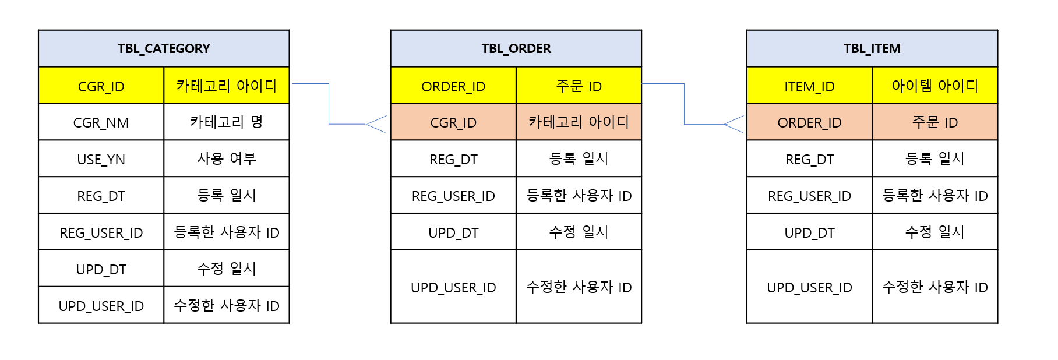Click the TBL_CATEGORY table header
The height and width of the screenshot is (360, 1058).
click(x=164, y=48)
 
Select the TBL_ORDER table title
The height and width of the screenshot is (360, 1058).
click(x=516, y=48)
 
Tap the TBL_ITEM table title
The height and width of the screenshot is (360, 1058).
click(x=872, y=48)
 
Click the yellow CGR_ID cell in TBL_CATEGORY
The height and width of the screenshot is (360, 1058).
click(x=101, y=86)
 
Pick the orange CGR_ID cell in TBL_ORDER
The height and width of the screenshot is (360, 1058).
click(x=453, y=122)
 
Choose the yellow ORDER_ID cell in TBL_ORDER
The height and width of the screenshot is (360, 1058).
click(x=453, y=86)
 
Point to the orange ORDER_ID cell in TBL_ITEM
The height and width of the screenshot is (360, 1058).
click(x=809, y=122)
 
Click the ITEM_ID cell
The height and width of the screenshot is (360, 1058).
click(x=809, y=86)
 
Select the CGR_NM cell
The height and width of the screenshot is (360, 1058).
click(x=101, y=122)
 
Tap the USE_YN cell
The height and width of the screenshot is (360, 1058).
click(x=101, y=159)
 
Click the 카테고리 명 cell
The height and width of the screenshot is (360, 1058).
click(x=227, y=122)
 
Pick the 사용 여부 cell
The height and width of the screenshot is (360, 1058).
click(x=227, y=159)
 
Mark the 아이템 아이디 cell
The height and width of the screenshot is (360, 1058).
click(x=934, y=86)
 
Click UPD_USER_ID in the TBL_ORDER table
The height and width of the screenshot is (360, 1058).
click(x=453, y=287)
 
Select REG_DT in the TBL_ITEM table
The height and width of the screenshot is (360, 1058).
click(x=809, y=159)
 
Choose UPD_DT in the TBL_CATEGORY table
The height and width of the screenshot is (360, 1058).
click(x=101, y=269)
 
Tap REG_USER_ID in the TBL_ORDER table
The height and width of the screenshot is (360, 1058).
click(x=453, y=196)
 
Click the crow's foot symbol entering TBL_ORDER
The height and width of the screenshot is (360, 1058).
click(x=376, y=124)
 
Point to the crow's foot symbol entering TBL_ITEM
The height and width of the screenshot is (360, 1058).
click(x=733, y=124)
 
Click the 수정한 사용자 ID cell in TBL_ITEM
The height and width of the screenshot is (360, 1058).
click(x=934, y=287)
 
